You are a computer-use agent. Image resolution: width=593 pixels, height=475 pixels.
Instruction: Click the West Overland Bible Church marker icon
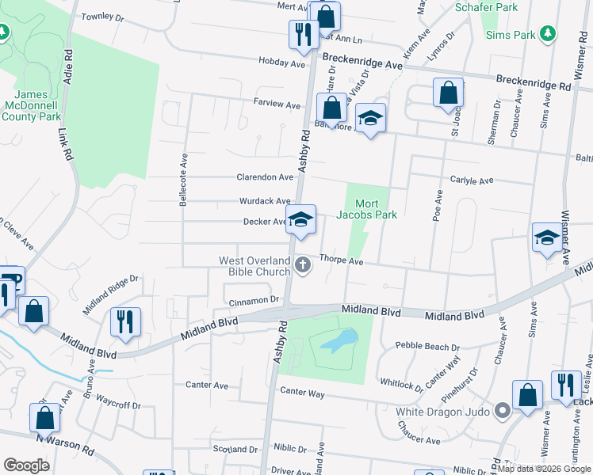point(302,265)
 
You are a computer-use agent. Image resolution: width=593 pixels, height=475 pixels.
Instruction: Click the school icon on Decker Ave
point(300,221)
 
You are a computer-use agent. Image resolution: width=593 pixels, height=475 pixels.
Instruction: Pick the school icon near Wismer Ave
point(547,237)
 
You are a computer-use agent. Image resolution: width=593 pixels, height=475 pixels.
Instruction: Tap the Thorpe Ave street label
point(341,260)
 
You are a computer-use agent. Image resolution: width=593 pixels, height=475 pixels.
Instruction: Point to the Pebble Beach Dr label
point(427,347)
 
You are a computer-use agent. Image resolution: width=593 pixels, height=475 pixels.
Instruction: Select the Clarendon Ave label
point(265,177)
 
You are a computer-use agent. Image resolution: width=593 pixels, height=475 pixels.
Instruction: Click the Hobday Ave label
point(281,62)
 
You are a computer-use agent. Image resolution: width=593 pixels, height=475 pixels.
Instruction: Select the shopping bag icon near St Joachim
point(448,92)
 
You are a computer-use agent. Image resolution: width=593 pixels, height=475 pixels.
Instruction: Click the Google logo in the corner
point(26,465)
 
